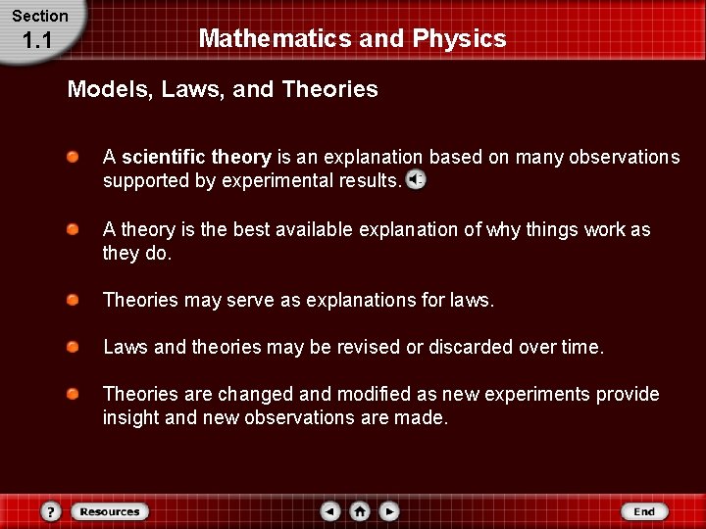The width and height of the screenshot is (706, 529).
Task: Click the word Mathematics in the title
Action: [259, 39]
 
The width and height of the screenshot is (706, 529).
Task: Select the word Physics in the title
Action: [460, 39]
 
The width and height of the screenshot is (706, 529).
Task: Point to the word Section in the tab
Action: [40, 16]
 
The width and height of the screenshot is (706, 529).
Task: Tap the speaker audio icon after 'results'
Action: [416, 180]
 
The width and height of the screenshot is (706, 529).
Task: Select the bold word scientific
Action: [164, 157]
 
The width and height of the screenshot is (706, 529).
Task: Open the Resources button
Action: [110, 511]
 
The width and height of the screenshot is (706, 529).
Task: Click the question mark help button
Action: [52, 511]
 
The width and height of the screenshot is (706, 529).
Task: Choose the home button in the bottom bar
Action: [360, 511]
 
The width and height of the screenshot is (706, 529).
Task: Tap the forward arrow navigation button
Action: [389, 511]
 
